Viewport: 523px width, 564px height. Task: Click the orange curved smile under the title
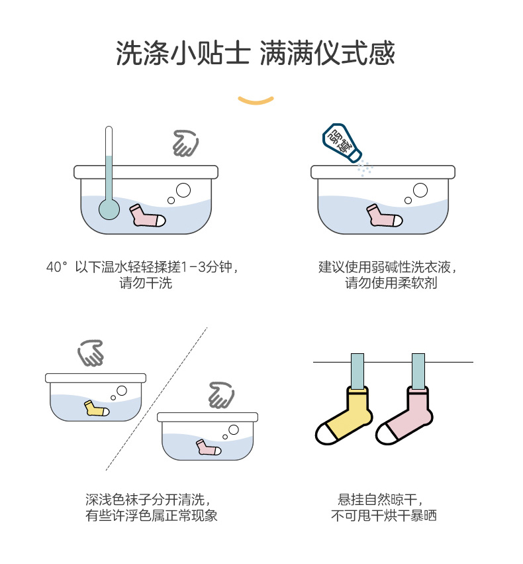[x=256, y=101]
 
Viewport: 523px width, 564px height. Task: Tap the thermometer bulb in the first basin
[x=109, y=209]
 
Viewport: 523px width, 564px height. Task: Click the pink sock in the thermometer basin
[x=146, y=216]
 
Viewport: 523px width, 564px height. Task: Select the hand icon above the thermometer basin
[x=185, y=142]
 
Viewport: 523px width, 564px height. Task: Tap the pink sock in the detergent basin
[x=383, y=216]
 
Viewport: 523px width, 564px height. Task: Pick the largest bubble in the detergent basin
[x=420, y=191]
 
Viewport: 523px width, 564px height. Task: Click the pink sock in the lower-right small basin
[x=208, y=447]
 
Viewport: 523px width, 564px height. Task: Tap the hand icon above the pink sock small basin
[x=221, y=395]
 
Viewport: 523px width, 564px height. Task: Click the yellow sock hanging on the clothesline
[x=346, y=416]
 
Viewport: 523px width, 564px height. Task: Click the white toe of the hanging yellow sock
[x=327, y=433]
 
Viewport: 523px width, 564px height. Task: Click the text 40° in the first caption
[x=58, y=267]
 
